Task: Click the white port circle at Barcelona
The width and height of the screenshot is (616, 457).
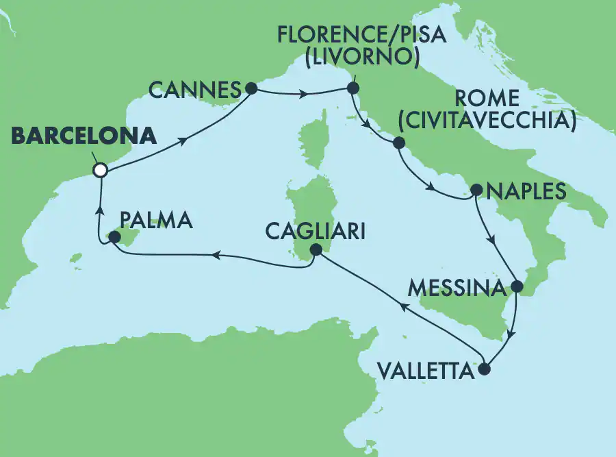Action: (x=101, y=170)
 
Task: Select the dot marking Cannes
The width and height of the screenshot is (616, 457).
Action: (x=251, y=88)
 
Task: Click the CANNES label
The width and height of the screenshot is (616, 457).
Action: (x=194, y=89)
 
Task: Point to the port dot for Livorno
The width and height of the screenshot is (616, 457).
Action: (x=353, y=88)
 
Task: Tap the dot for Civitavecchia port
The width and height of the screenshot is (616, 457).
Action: (x=398, y=143)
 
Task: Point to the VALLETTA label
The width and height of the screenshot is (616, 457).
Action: (x=425, y=372)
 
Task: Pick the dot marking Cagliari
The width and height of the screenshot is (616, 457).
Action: (x=315, y=251)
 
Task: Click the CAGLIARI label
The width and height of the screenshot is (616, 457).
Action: (x=315, y=232)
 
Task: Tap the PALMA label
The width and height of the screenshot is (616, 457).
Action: (x=156, y=221)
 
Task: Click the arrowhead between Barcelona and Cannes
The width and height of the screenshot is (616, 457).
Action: (x=184, y=140)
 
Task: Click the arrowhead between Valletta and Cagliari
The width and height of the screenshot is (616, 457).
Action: (x=403, y=310)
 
